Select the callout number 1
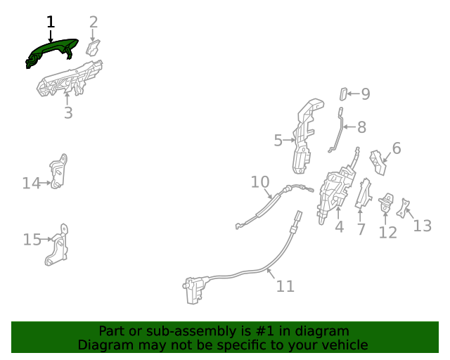click(x=51, y=22)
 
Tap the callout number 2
click(x=94, y=22)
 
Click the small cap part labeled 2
click(x=94, y=48)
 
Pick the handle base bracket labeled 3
click(x=70, y=79)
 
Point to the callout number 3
click(x=68, y=112)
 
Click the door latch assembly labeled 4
click(x=336, y=193)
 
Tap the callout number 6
click(x=397, y=148)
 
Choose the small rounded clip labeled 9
click(x=343, y=94)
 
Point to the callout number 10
click(x=260, y=182)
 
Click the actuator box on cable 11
click(x=195, y=290)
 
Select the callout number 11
click(x=285, y=286)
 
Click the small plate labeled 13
click(x=403, y=208)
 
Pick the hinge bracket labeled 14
click(x=58, y=172)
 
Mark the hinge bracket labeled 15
click(x=58, y=245)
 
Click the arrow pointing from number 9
click(x=354, y=94)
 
